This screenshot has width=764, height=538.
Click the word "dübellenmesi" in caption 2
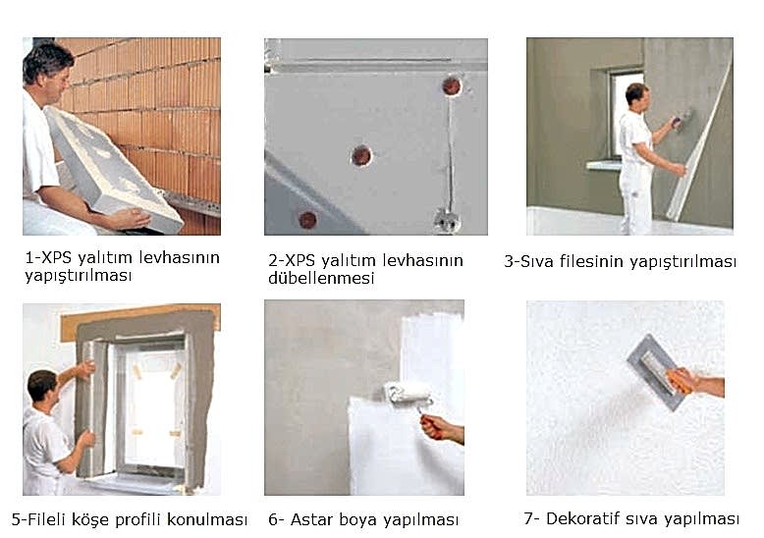(x=321, y=278)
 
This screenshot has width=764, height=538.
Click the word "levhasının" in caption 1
(x=180, y=257)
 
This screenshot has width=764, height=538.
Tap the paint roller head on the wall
(x=408, y=392)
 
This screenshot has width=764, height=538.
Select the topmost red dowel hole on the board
(x=452, y=85)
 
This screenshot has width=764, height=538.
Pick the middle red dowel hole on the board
(x=361, y=155)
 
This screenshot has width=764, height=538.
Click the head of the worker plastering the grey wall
(x=637, y=94)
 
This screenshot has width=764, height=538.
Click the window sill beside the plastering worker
(x=604, y=165)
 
